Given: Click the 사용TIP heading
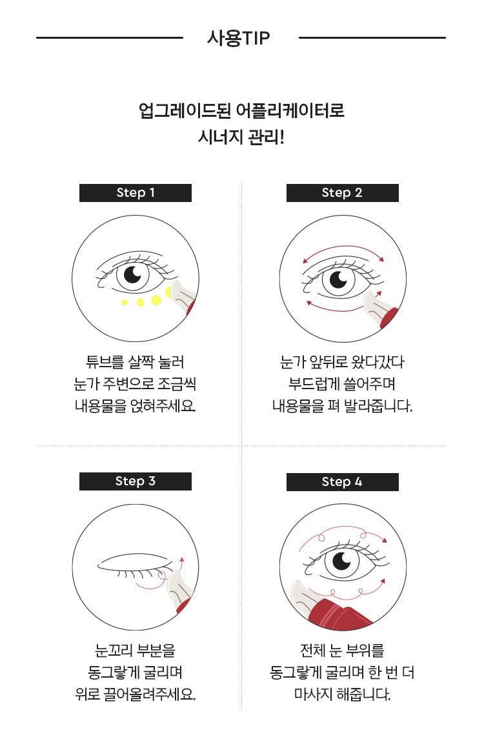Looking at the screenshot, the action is tap(239, 37).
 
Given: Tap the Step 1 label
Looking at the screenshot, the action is tap(136, 193).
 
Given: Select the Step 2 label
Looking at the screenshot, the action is tap(342, 193).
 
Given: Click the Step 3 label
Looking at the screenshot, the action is tap(136, 481).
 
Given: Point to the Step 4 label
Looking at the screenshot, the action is tap(342, 482).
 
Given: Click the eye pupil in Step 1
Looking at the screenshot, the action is tap(133, 275).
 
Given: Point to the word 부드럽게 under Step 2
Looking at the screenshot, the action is tap(315, 384).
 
